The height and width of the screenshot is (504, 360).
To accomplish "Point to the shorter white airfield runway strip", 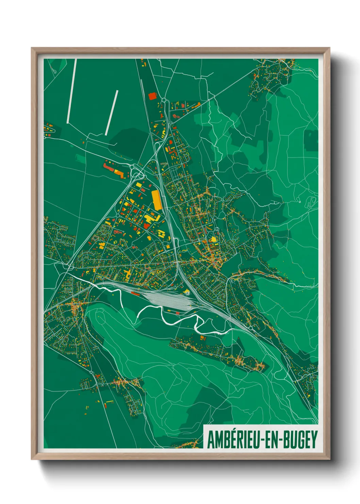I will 112,112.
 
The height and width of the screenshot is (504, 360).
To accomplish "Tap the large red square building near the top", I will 152,96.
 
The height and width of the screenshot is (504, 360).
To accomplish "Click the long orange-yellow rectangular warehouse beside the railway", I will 156,200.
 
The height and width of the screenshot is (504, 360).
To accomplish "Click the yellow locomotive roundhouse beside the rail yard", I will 187,292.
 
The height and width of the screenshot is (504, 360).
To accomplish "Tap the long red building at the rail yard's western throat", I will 135,293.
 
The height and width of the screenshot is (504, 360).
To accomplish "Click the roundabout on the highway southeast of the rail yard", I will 251,328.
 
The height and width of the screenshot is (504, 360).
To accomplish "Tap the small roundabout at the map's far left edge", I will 45,137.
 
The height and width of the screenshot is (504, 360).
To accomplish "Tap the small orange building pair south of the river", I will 203,338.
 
